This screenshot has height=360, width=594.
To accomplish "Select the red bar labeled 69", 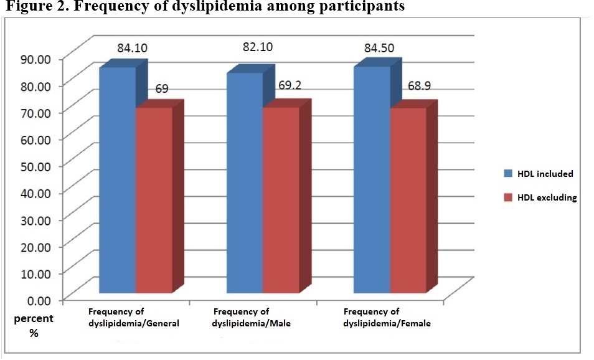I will [x=154, y=199].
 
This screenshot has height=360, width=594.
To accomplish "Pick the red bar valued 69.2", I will [x=281, y=199].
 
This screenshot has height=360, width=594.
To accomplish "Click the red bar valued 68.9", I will [x=408, y=199].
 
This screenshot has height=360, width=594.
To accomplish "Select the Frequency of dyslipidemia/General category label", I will [x=133, y=317].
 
